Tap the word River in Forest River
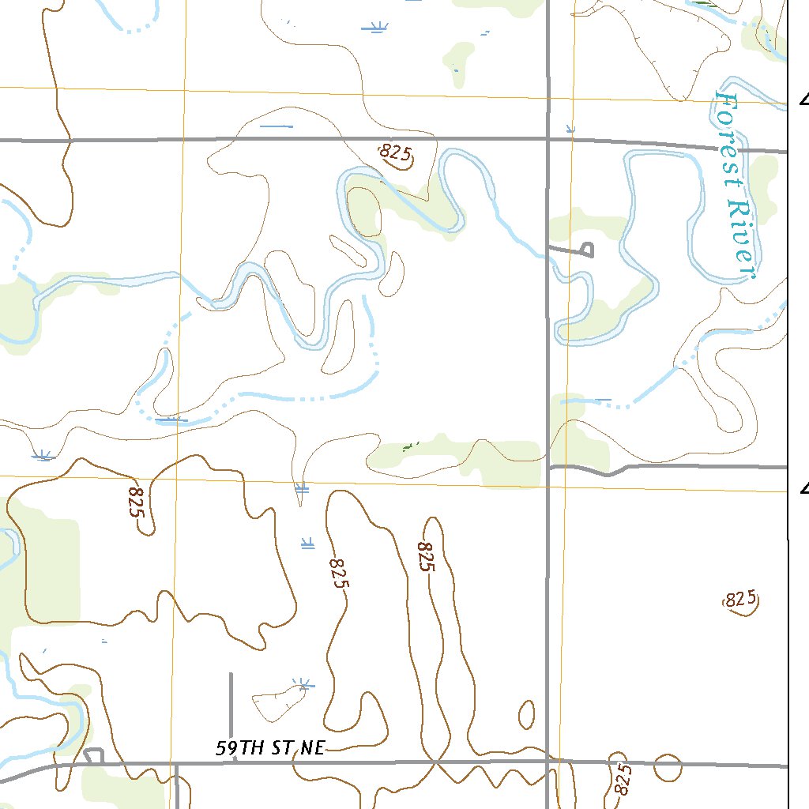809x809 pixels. click(743, 238)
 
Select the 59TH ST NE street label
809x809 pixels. click(269, 748)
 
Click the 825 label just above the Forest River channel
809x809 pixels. click(396, 153)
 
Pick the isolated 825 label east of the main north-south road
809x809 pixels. click(741, 600)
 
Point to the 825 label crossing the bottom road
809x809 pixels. click(623, 778)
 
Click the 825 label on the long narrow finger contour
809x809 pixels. click(426, 557)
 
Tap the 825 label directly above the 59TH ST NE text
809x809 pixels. click(338, 574)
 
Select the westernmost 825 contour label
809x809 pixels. click(137, 502)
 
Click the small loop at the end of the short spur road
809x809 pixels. click(586, 250)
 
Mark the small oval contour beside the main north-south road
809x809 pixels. click(526, 715)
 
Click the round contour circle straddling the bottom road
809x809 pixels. click(668, 766)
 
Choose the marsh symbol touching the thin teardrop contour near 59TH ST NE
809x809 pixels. click(301, 683)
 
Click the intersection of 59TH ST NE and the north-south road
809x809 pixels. click(548, 762)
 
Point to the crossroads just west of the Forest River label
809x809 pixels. click(548, 139)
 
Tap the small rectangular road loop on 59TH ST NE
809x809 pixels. click(94, 756)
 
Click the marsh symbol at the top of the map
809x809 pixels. click(375, 28)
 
